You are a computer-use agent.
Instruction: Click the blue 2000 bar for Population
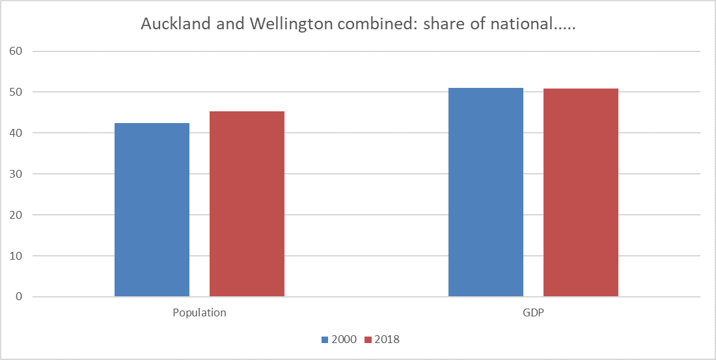[x=152, y=210]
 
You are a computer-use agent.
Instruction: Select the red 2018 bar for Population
[x=247, y=204]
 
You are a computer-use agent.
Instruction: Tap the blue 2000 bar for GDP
[x=486, y=192]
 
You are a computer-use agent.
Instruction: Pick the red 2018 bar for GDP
[x=581, y=193]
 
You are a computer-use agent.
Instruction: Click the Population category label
[x=199, y=312]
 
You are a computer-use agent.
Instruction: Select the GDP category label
[x=533, y=312]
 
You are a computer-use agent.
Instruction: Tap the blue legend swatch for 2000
[x=325, y=340]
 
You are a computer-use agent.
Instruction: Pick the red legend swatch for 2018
[x=368, y=340]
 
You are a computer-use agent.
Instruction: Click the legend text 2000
[x=344, y=340]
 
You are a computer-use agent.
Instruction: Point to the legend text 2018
[x=387, y=340]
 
